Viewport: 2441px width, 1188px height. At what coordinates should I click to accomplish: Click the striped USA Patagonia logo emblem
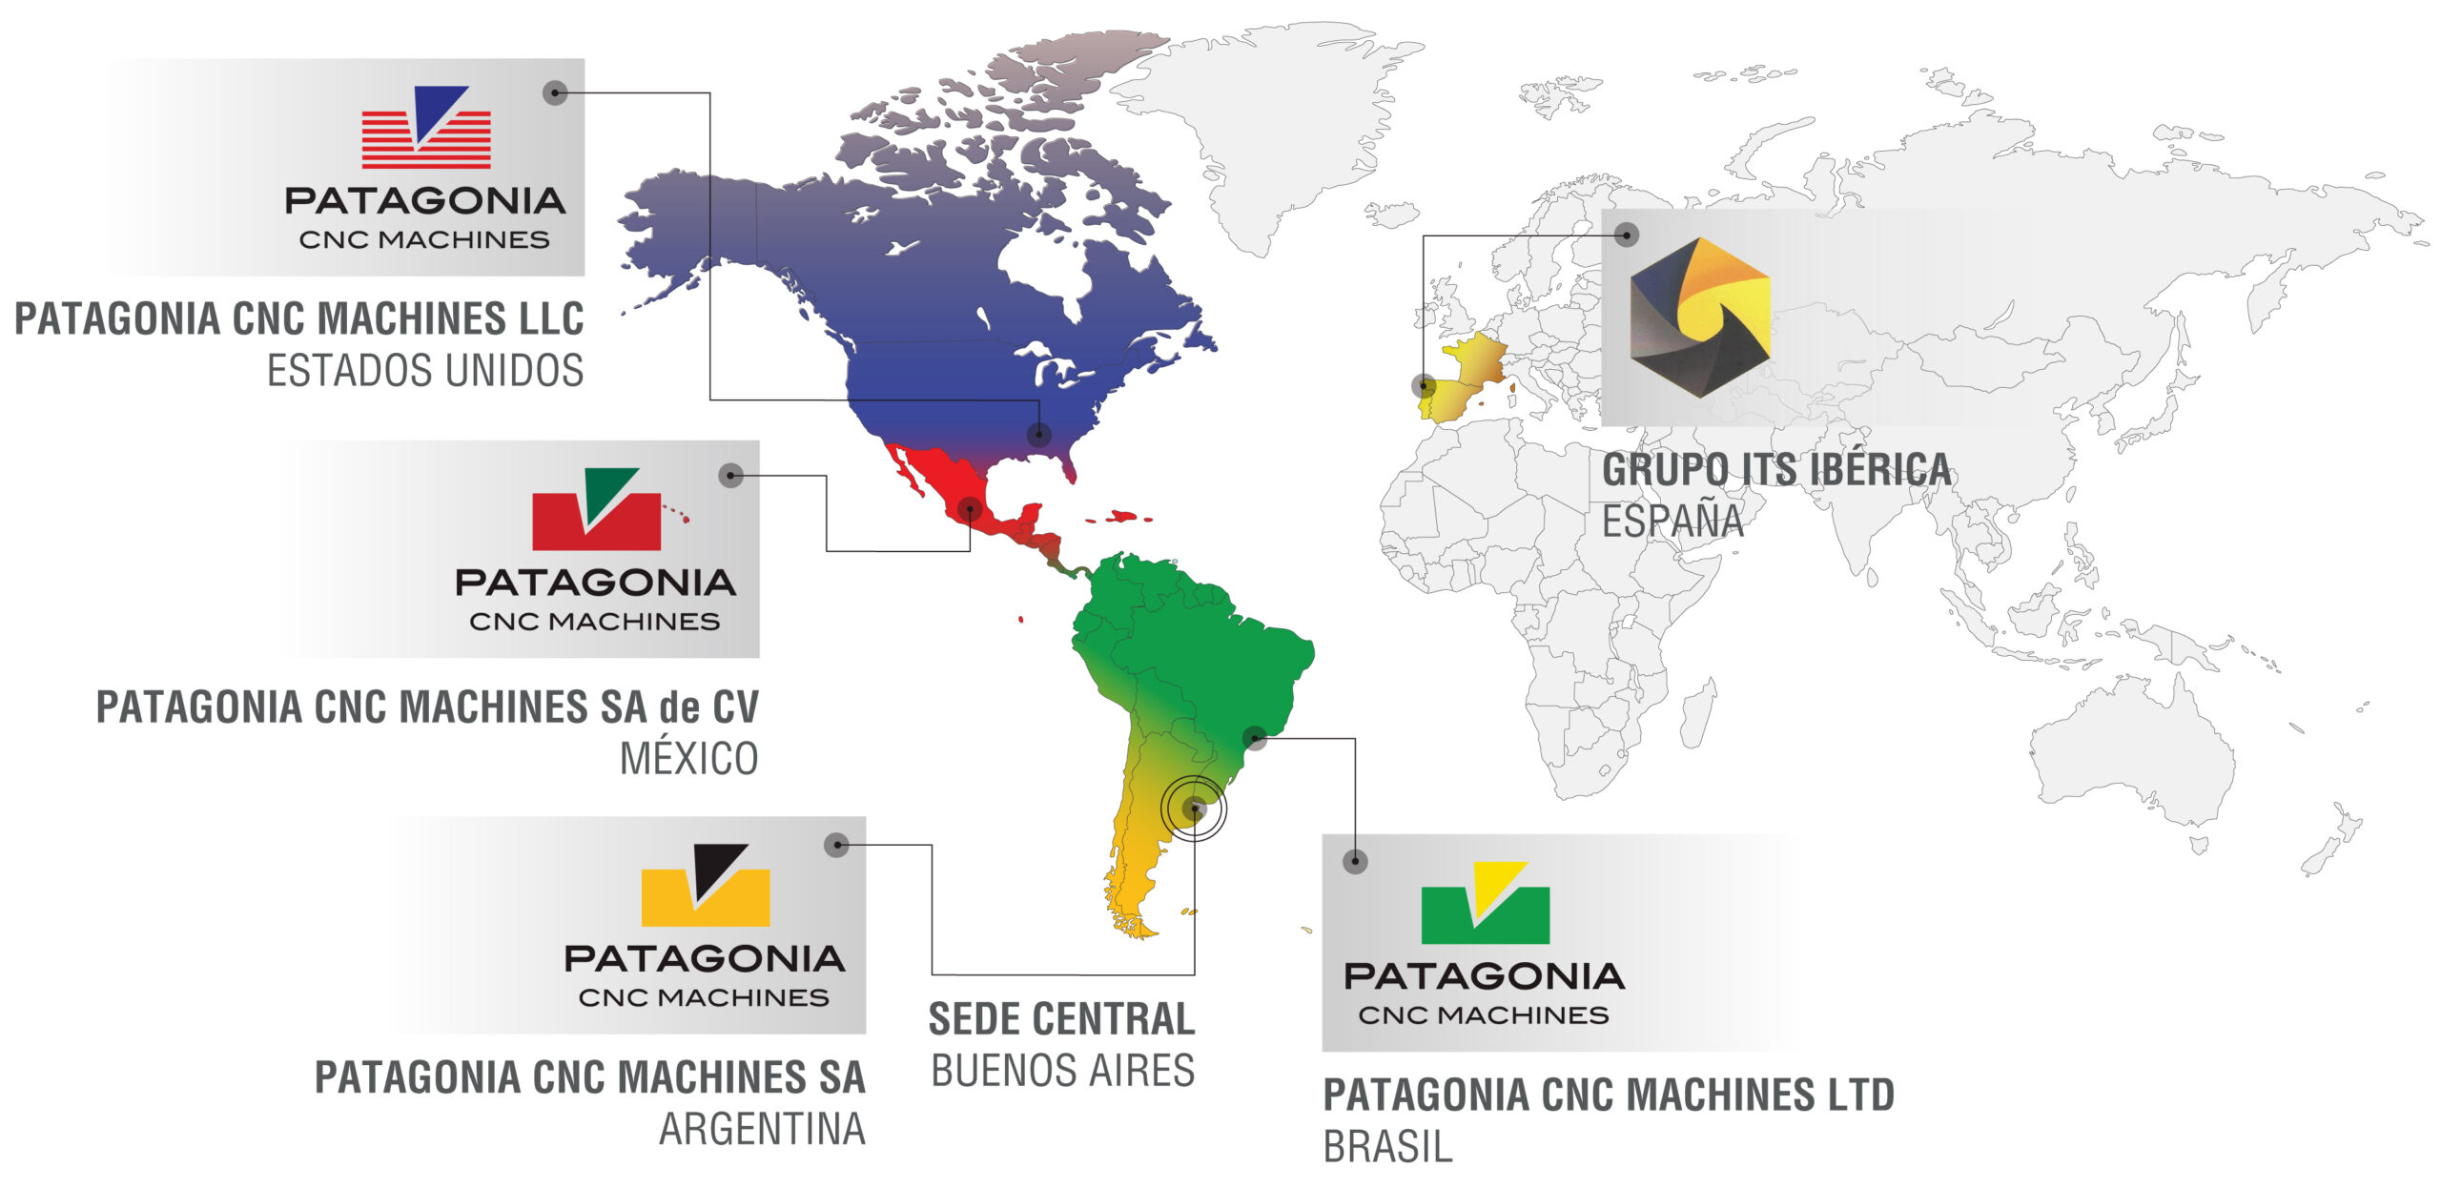click(426, 129)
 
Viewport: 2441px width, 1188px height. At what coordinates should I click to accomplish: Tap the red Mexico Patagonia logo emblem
click(596, 511)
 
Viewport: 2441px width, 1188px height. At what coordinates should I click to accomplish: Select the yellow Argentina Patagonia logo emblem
click(706, 887)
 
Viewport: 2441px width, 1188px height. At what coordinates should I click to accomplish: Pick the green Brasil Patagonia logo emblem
click(1485, 904)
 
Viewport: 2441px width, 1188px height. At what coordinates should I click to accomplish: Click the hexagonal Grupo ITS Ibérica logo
click(1700, 317)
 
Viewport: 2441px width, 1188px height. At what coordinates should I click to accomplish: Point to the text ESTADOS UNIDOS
click(425, 371)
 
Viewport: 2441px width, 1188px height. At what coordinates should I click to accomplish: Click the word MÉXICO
click(688, 760)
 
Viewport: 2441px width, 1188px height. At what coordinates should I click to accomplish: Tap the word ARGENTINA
click(762, 1130)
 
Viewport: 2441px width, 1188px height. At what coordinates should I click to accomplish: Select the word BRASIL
click(1387, 1147)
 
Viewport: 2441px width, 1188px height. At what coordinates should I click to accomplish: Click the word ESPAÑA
click(1672, 522)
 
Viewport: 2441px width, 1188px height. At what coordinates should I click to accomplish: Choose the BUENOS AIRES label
click(1062, 1071)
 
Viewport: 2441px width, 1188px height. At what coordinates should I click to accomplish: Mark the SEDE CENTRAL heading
click(1061, 1019)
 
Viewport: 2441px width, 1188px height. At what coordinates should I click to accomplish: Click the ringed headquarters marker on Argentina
click(1194, 809)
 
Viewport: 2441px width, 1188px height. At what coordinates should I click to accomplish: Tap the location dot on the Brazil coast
click(1255, 737)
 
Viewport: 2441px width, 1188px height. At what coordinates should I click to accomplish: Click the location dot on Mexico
click(970, 508)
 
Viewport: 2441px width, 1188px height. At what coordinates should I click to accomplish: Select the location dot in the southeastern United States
click(1038, 435)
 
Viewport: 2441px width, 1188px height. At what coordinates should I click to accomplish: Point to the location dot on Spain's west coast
click(1425, 385)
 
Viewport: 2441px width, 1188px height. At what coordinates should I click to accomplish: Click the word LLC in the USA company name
click(550, 319)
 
